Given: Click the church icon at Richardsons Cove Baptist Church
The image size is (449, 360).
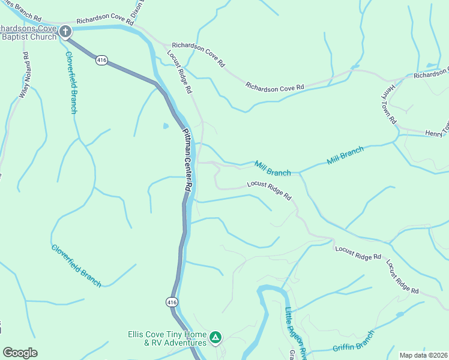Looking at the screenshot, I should (65, 31).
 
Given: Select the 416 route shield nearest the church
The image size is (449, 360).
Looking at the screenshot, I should (101, 60).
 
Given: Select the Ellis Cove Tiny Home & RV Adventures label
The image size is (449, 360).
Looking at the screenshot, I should (167, 338).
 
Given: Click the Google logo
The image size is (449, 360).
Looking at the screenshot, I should (20, 353).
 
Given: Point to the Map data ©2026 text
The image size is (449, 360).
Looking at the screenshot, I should (423, 355).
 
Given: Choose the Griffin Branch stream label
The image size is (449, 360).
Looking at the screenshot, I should (354, 341).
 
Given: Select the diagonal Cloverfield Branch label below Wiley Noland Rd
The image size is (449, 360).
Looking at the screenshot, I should (76, 265).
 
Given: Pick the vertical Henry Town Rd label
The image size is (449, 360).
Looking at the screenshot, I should (391, 103).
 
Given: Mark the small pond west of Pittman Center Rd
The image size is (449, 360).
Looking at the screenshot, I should (165, 126).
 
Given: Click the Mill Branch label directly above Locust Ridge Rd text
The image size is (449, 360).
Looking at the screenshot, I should (273, 168).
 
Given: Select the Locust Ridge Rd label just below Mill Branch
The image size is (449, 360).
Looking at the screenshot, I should (269, 191).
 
